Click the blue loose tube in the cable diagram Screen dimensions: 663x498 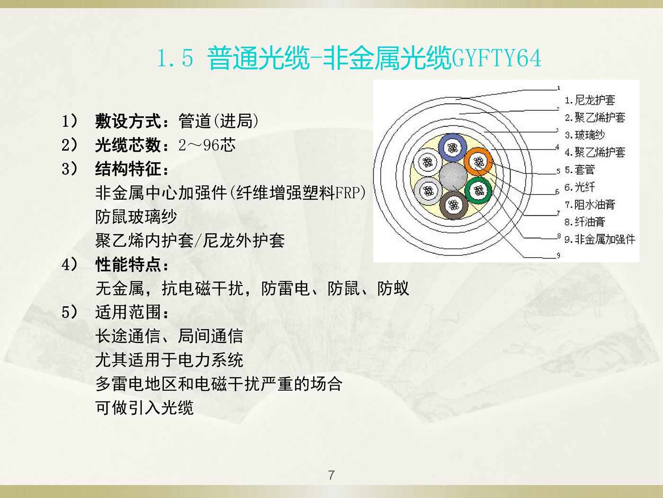pos(452,148)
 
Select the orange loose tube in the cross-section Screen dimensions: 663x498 pos(478,162)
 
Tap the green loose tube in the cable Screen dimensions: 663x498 pos(478,191)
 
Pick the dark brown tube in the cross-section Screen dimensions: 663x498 pos(453,205)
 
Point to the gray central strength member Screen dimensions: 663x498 pos(453,176)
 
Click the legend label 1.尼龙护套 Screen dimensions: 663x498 pos(590,100)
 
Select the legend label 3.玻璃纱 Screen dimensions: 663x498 pos(585,135)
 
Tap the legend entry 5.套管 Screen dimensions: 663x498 pos(580,170)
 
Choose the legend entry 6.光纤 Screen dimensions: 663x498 pos(580,187)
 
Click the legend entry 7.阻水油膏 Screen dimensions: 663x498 pos(590,204)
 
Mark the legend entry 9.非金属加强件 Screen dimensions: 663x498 pos(600,239)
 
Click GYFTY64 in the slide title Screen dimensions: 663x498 pos(496,58)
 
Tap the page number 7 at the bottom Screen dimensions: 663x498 pos(331,475)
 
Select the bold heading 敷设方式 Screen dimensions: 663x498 pos(128,121)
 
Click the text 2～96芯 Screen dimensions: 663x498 pos(207,145)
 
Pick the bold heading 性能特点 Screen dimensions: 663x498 pos(128,265)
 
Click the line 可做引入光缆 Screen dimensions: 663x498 pos(144,407)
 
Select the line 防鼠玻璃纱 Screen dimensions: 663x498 pos(136,217)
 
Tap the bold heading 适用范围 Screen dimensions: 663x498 pos(128,312)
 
